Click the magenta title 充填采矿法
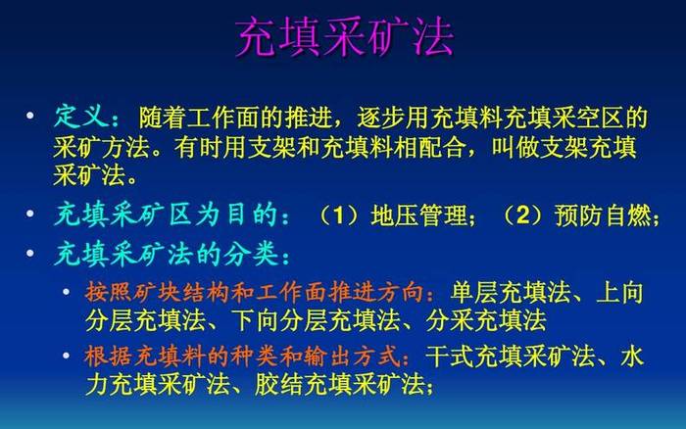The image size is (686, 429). (345, 37)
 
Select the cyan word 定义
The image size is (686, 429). (80, 117)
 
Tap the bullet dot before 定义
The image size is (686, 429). (30, 116)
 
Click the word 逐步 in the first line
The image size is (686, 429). (381, 118)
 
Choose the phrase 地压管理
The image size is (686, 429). (418, 215)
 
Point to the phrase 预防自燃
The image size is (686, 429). (603, 215)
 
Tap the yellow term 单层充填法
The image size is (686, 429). (511, 292)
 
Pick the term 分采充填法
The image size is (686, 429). (486, 320)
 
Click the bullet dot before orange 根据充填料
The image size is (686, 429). (66, 356)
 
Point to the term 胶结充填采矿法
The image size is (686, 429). (339, 384)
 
